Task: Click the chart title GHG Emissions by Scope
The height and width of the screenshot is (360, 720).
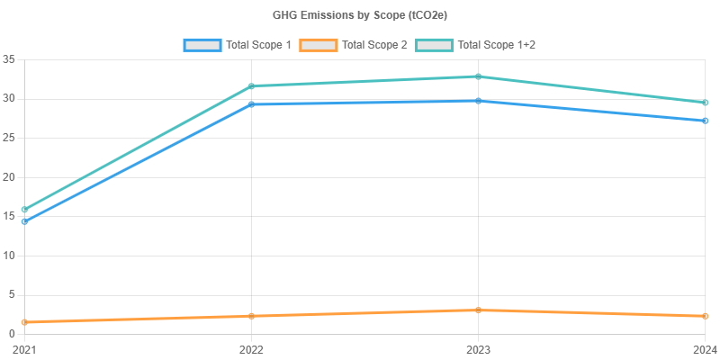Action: (360, 15)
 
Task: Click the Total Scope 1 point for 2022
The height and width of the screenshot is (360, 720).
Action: (251, 104)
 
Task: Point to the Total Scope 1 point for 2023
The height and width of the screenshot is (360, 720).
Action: (479, 101)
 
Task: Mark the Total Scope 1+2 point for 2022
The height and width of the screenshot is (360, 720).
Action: (251, 86)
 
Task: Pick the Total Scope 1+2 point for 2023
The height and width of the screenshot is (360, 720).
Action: (479, 76)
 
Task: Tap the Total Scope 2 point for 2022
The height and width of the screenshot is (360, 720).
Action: (251, 316)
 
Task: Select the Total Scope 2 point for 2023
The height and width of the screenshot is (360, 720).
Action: (479, 310)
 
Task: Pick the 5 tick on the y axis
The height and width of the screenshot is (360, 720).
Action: (12, 294)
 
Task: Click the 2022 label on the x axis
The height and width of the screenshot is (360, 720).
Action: (251, 348)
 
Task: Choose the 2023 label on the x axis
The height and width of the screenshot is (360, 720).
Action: (479, 348)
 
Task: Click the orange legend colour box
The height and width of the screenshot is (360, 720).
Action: (318, 44)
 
